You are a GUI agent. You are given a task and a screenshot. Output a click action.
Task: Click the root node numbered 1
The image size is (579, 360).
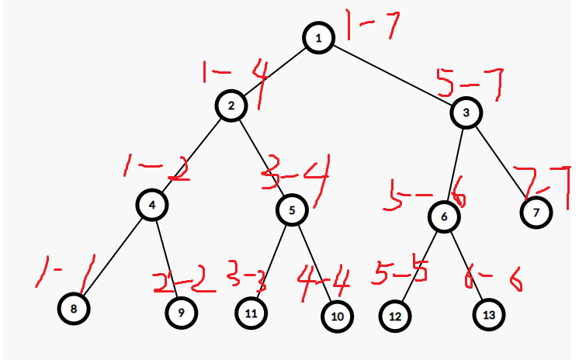[x=318, y=37]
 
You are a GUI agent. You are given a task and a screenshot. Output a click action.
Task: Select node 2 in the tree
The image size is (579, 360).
[x=231, y=105]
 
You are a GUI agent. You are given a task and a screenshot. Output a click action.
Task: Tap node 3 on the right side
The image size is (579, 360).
[x=466, y=113]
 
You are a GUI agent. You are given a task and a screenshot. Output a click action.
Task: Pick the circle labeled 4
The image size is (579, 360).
[x=153, y=205]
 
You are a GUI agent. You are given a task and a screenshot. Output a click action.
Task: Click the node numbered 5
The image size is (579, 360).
[x=292, y=209]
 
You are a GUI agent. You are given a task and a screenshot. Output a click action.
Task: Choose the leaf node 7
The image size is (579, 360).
[x=536, y=211]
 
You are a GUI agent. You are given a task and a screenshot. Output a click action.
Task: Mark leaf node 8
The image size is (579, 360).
[x=73, y=309]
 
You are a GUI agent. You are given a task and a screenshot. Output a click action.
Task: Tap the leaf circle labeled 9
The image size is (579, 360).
[x=181, y=313]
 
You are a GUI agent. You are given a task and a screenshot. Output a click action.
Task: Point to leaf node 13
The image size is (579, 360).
[x=489, y=314]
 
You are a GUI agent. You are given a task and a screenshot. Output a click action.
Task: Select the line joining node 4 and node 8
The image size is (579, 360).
[x=113, y=257]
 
